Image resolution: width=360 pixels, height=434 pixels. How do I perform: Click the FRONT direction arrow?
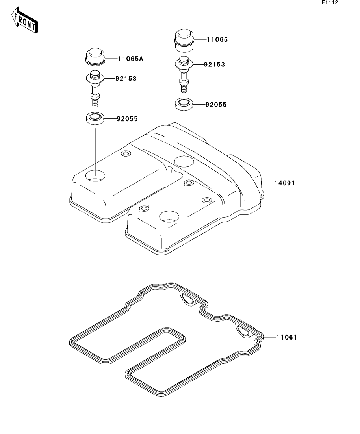point(24,20)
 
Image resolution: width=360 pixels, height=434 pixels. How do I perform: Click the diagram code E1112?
point(330,2)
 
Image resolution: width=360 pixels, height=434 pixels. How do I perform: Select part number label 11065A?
point(130,59)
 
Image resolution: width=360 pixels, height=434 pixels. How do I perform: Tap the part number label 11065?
point(217,40)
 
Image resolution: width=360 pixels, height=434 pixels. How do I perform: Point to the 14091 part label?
point(285,183)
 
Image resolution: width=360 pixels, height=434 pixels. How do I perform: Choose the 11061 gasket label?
point(287,337)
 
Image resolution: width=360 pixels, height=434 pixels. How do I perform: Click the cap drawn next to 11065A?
point(95,57)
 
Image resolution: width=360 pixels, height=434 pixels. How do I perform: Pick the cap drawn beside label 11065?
point(184,40)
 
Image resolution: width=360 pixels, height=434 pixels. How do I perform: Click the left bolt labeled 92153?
point(95,89)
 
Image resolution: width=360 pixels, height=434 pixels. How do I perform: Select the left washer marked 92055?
point(95,118)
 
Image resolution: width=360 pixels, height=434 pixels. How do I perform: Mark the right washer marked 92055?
point(184,104)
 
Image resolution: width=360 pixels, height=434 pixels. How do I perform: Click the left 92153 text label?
point(126,79)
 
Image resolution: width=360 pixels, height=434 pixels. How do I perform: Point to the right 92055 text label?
point(216,105)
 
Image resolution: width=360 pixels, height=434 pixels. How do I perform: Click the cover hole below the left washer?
point(95,176)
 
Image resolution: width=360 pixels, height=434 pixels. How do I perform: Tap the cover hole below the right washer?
point(184,161)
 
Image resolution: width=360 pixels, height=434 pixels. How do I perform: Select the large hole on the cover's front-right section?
point(169,217)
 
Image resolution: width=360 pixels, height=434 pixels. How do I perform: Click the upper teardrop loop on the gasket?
point(188,299)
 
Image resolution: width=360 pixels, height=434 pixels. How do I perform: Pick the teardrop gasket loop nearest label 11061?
point(243,331)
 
